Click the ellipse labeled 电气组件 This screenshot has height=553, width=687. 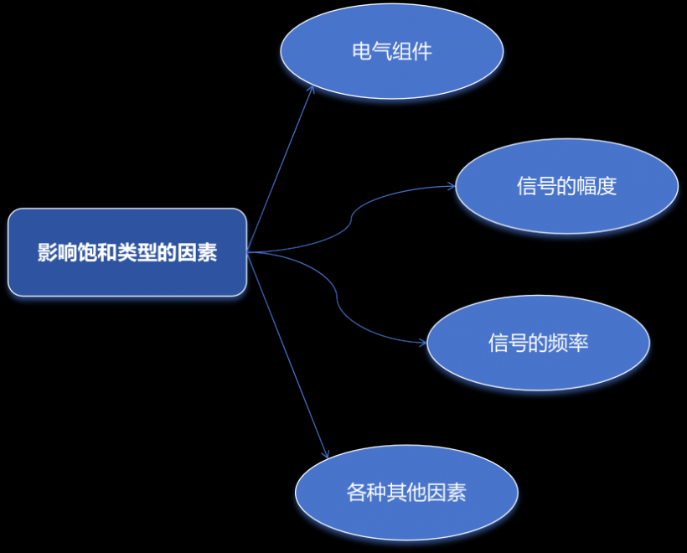(x=392, y=51)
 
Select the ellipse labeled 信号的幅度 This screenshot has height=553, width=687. (x=566, y=186)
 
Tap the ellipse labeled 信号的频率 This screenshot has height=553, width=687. (x=538, y=343)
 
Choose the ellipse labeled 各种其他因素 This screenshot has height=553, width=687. (x=406, y=493)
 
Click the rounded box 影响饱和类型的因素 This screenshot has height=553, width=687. (x=127, y=252)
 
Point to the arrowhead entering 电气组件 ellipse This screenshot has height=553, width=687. (x=312, y=89)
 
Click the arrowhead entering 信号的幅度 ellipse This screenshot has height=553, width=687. (x=451, y=186)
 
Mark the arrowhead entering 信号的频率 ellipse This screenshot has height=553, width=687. (x=422, y=343)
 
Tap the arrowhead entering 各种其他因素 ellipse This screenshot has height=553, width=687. (x=325, y=454)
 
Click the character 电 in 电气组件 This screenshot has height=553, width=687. (x=362, y=51)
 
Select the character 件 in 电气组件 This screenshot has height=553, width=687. (x=422, y=51)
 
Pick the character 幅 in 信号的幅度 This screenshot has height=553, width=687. (x=586, y=186)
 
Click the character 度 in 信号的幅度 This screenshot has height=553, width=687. (x=607, y=186)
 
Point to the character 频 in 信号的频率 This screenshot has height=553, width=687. (x=558, y=343)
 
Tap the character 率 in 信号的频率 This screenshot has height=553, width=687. (x=578, y=343)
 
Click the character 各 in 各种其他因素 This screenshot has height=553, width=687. (x=356, y=492)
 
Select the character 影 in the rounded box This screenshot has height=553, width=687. (x=47, y=252)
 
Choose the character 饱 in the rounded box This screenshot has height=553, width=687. (x=88, y=252)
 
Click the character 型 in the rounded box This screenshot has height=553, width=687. (x=147, y=252)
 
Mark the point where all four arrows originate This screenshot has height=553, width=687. (x=247, y=252)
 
